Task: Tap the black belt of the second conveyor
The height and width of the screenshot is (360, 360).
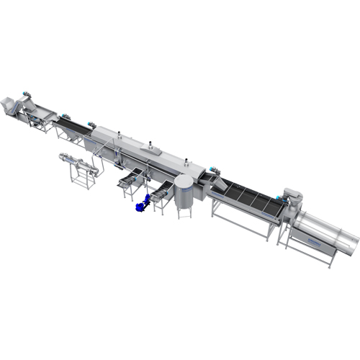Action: tap(73, 127)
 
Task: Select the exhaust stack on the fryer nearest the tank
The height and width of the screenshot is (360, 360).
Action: tap(184, 157)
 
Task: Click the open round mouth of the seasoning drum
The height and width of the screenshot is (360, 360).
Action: tap(350, 243)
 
